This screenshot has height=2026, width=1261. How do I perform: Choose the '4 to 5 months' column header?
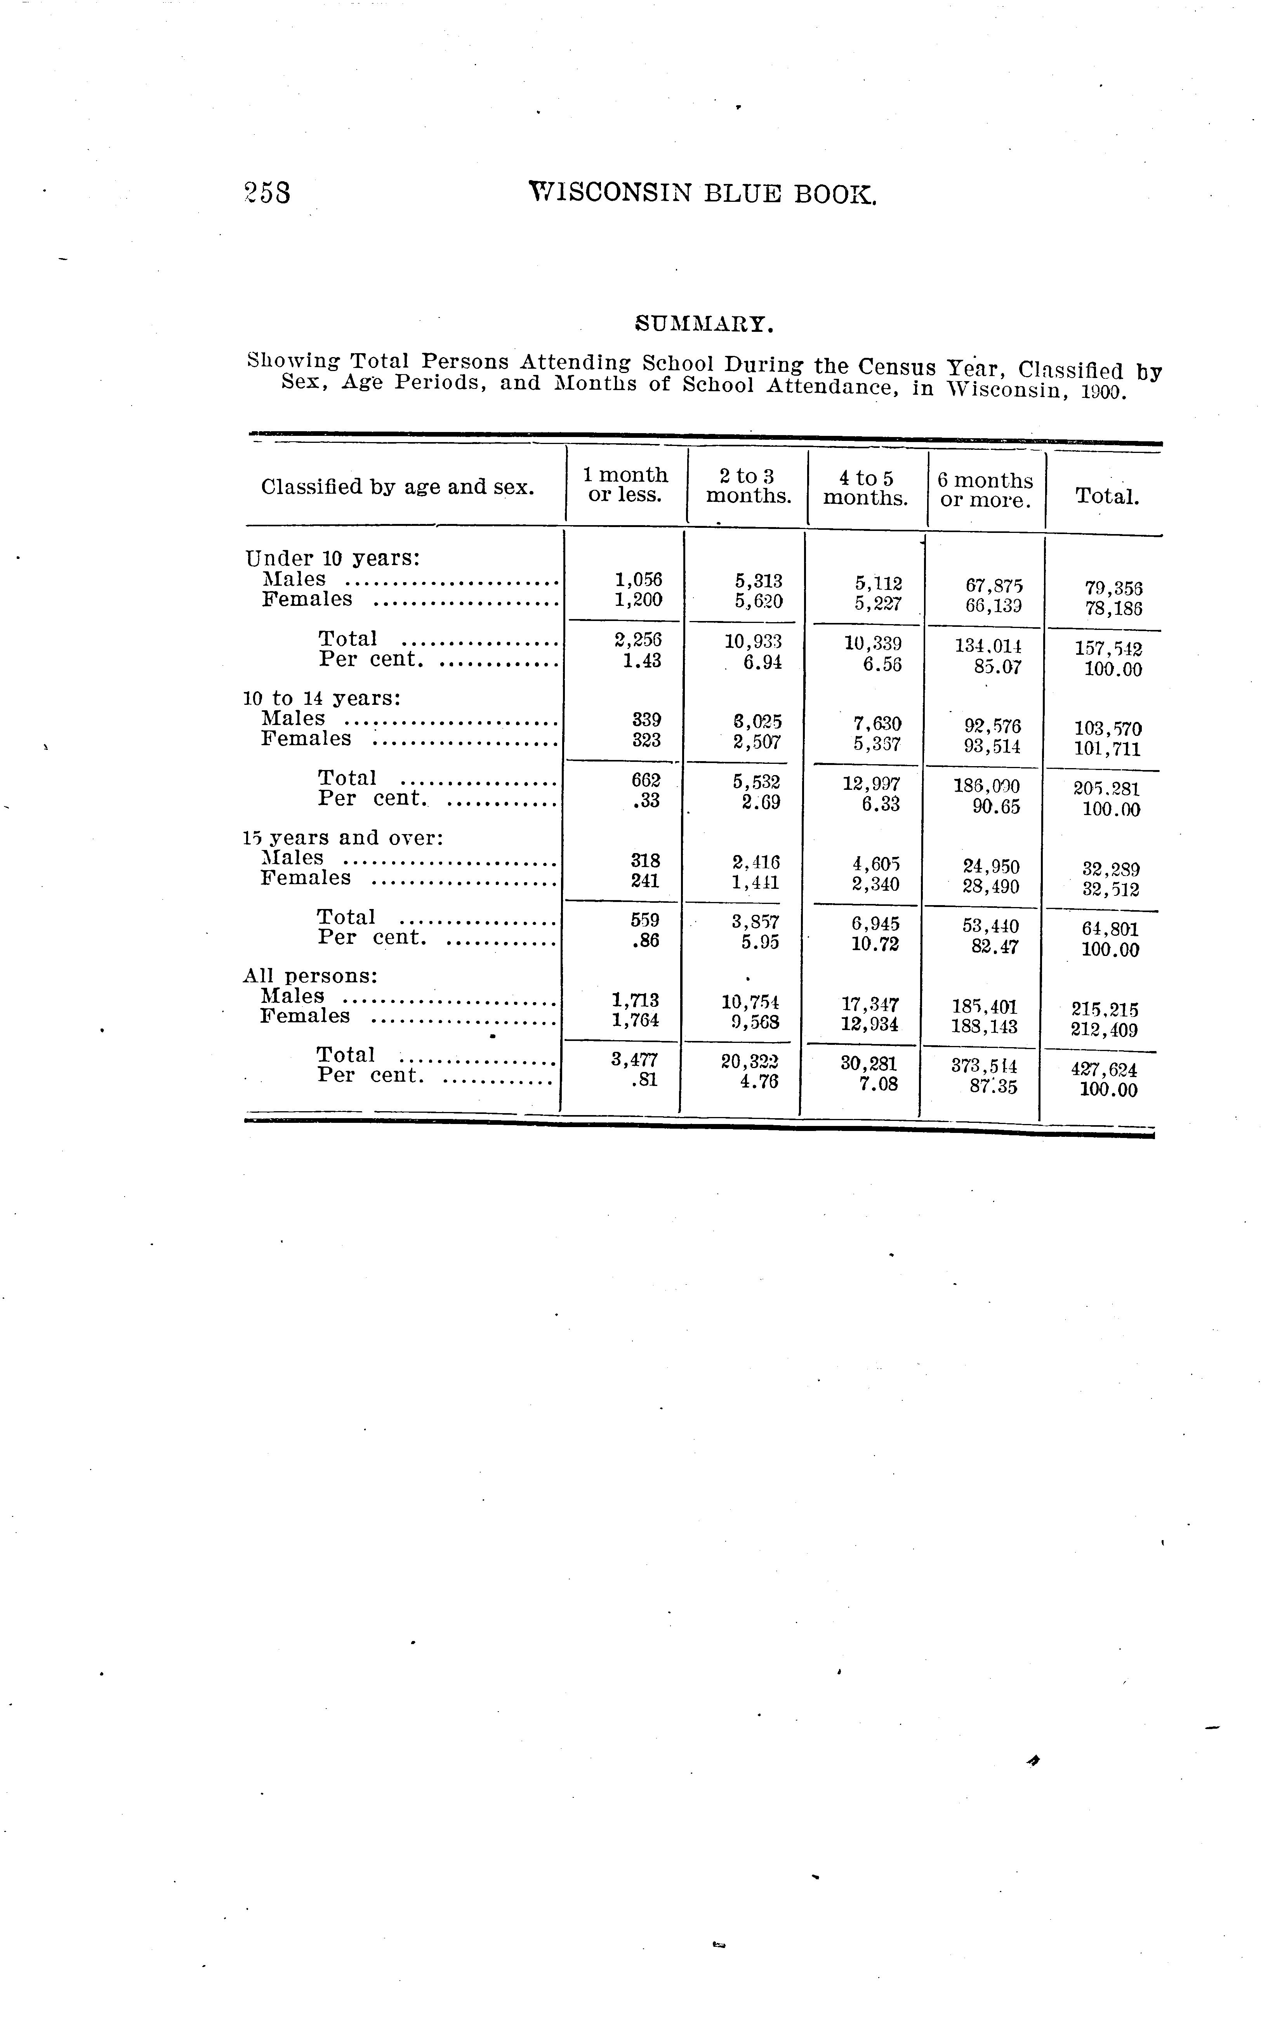click(866, 488)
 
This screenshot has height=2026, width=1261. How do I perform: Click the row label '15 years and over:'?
click(343, 837)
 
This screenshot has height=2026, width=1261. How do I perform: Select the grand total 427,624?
click(1103, 1070)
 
